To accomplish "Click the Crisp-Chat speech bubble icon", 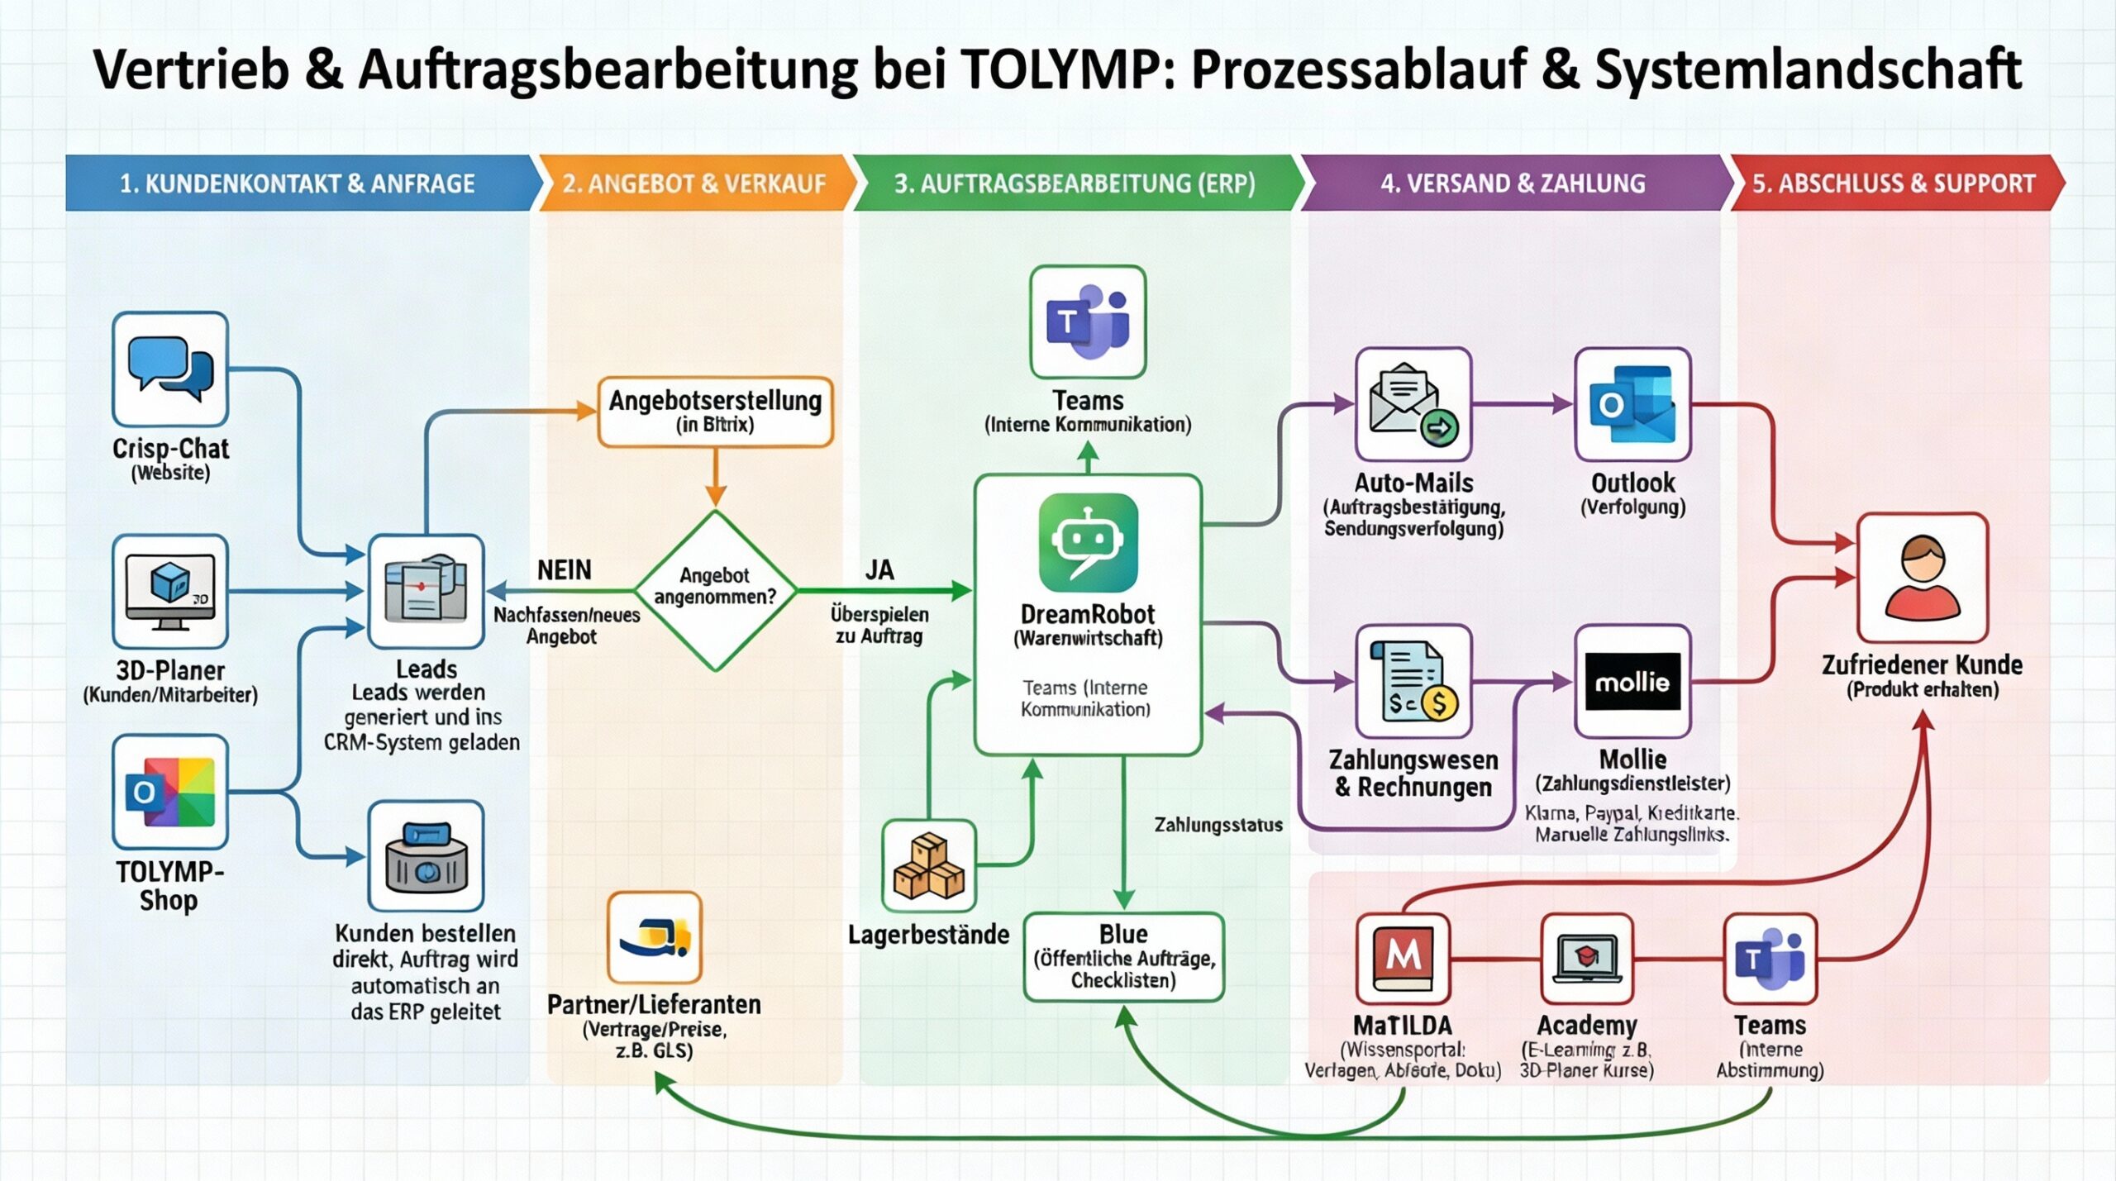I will click(170, 369).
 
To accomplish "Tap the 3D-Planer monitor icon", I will click(170, 591).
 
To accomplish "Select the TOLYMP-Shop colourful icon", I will click(170, 792).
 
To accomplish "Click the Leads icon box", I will click(426, 590).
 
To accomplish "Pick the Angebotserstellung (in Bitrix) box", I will click(715, 412).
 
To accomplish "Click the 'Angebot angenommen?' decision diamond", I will click(715, 589).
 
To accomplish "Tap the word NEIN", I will click(565, 570).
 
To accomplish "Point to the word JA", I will click(879, 570).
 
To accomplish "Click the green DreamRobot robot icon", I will click(1088, 542).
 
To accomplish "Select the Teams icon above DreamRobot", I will click(1088, 322).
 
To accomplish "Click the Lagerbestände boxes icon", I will click(929, 865).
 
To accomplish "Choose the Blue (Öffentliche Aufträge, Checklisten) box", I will click(1123, 957).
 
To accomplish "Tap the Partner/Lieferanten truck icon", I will click(655, 937).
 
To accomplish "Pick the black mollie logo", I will click(1632, 682).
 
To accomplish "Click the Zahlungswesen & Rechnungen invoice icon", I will click(1413, 682).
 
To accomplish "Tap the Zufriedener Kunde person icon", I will click(1923, 577).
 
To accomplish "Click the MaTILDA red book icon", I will click(1403, 958).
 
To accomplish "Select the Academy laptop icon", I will click(1587, 958).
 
